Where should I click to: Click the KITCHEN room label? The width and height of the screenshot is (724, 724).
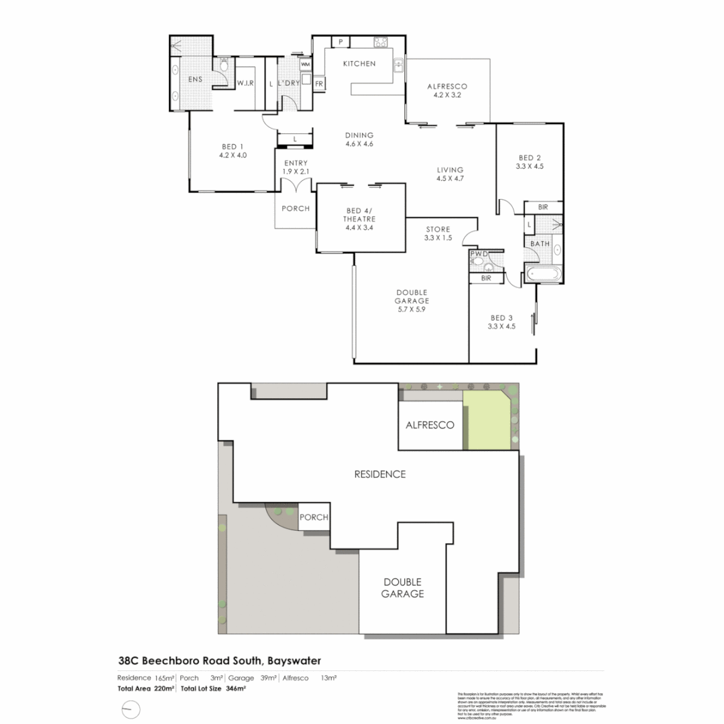(x=359, y=64)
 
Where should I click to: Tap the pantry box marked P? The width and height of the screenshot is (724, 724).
(x=341, y=42)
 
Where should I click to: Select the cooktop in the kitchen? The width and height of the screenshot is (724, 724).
(x=381, y=42)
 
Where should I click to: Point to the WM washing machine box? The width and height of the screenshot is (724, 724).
(x=305, y=64)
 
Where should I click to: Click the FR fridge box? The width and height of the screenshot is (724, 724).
(x=319, y=84)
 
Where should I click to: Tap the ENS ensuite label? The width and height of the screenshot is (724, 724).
(x=194, y=80)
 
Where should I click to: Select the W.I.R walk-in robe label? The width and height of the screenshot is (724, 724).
(x=245, y=83)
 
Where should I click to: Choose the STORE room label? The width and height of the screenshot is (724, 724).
(x=438, y=229)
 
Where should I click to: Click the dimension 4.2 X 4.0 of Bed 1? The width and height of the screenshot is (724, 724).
(x=233, y=156)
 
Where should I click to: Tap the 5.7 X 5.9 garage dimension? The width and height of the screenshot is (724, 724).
(x=412, y=310)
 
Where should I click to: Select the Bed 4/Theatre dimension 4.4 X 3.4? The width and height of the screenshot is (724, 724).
(x=359, y=228)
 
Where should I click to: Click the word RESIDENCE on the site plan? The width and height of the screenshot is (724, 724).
(x=380, y=474)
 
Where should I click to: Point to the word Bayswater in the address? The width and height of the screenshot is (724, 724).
(x=300, y=660)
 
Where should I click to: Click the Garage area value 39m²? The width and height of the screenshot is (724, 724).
(x=267, y=678)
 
